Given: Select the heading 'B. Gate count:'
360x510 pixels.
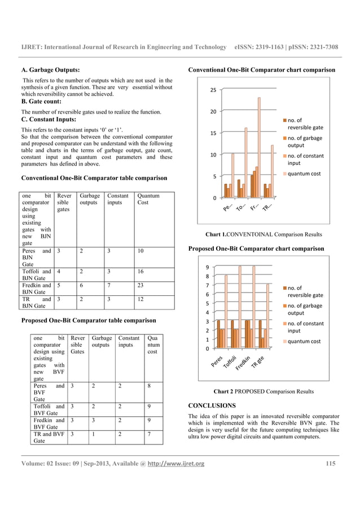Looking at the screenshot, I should tap(42, 102).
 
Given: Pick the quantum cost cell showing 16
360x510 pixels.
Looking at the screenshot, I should tap(142, 271).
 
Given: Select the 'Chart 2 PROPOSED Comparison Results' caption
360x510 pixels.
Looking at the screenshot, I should tap(264, 391).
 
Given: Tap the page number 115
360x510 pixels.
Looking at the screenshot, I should tap(332, 464).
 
